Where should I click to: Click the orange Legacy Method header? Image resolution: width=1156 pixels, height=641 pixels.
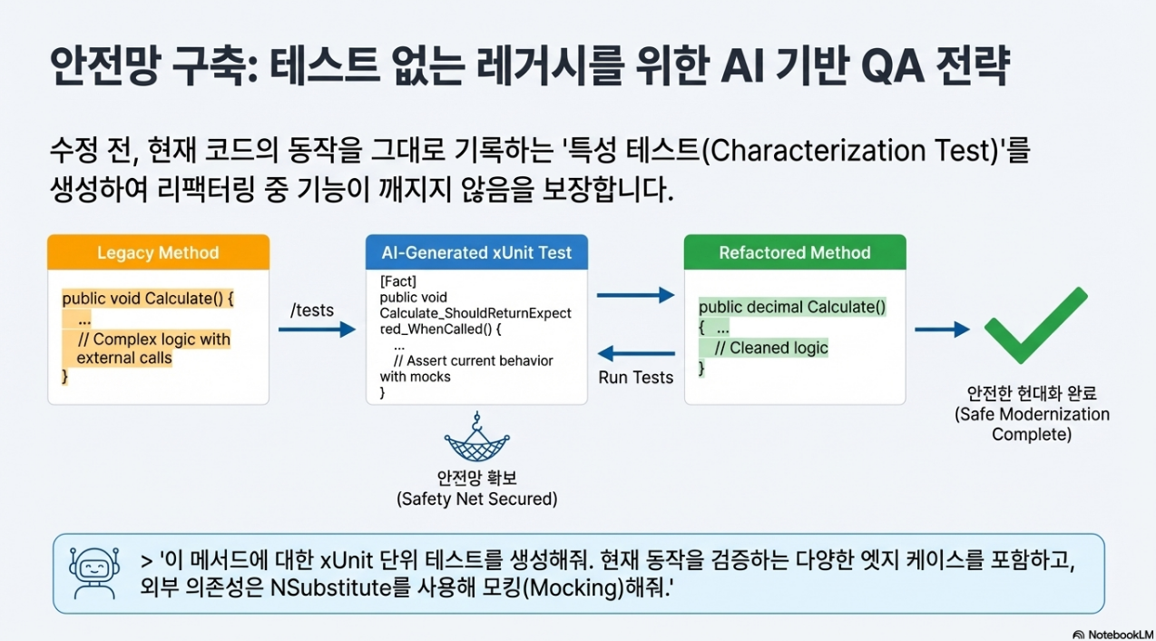pyautogui.click(x=158, y=252)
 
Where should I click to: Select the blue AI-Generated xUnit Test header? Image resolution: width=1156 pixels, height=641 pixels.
pyautogui.click(x=476, y=252)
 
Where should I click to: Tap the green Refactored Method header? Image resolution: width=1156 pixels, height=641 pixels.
pyautogui.click(x=794, y=252)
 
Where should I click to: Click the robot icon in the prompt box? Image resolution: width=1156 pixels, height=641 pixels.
pyautogui.click(x=94, y=573)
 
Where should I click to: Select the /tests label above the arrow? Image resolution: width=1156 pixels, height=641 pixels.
pyautogui.click(x=311, y=311)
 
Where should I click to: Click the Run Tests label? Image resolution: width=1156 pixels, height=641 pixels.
pyautogui.click(x=636, y=377)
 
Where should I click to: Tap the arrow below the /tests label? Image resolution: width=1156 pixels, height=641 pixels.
pyautogui.click(x=316, y=330)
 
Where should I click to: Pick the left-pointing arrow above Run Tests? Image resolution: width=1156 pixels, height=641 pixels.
pyautogui.click(x=636, y=353)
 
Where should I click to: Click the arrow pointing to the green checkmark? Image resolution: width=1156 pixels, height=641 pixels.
pyautogui.click(x=941, y=329)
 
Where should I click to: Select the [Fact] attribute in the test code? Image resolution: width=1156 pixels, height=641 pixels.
pyautogui.click(x=397, y=281)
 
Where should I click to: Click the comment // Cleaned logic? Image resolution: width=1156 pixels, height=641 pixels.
pyautogui.click(x=771, y=348)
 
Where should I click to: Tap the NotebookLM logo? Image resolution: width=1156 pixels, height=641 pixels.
pyautogui.click(x=1112, y=634)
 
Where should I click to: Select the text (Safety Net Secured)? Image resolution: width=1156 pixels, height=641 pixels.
pyautogui.click(x=476, y=498)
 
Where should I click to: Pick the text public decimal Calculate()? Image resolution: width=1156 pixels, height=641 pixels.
pyautogui.click(x=792, y=307)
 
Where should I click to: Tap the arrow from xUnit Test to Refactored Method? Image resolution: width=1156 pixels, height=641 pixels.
pyautogui.click(x=636, y=295)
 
